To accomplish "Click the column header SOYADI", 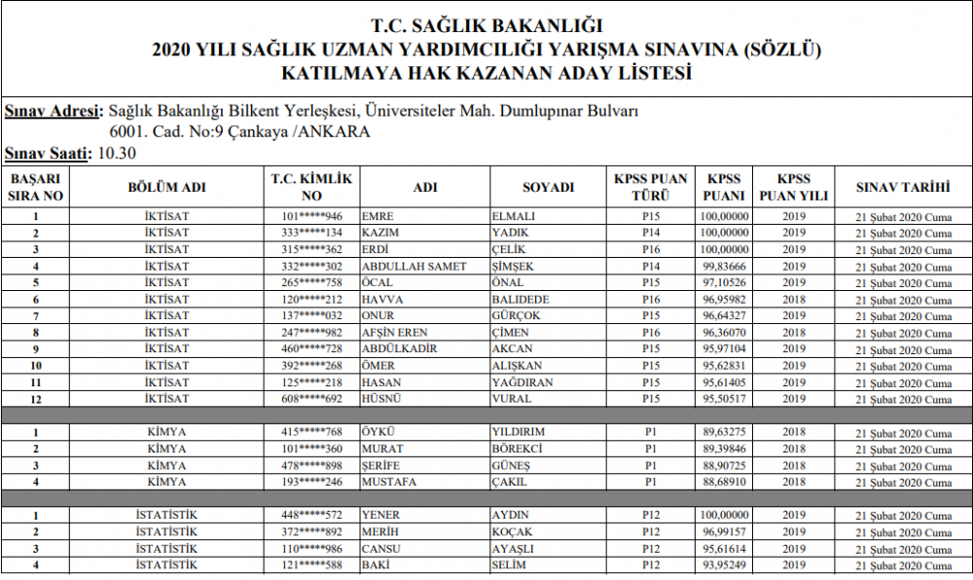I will [549, 187].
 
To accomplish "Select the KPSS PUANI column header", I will [724, 187].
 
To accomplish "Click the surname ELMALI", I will [516, 216].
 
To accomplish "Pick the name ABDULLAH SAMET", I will [414, 266].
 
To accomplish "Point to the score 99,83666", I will [724, 266].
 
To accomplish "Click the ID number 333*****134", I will [312, 233].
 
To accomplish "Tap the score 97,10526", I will [724, 282].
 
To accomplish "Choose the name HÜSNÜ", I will [380, 398].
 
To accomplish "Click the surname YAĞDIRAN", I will [524, 381].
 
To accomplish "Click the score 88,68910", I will [724, 481].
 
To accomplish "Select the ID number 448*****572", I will [312, 514].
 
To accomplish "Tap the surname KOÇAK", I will [515, 530].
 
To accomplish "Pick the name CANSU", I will [380, 547].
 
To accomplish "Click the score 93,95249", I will [724, 564].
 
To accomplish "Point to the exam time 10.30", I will [117, 154].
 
